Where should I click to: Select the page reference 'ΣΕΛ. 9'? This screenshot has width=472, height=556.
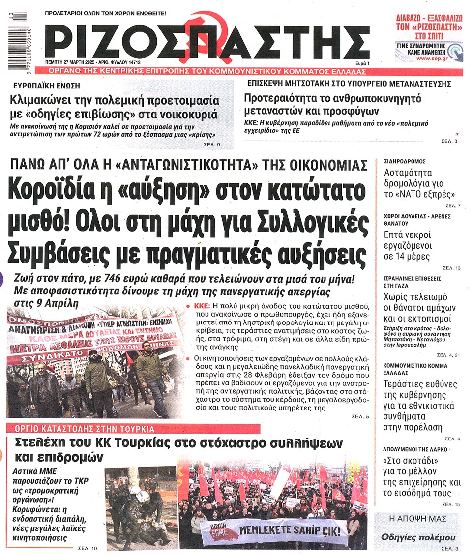point(211,145)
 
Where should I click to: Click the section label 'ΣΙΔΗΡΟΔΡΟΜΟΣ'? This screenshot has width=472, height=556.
point(405,161)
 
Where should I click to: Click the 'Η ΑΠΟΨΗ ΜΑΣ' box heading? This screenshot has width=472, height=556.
point(419,519)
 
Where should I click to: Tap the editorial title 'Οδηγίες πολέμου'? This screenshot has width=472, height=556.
point(418,537)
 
